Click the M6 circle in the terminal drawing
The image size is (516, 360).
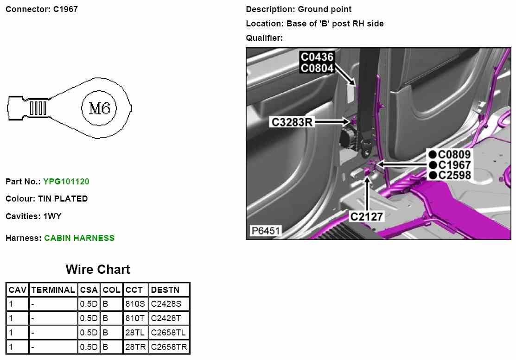coord(99,108)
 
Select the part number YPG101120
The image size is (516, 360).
coord(66,181)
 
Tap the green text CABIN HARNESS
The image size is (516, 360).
coord(79,238)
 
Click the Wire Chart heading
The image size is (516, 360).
coord(98,269)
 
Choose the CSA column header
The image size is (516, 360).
coord(89,290)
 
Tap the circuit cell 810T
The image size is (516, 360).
coord(135,319)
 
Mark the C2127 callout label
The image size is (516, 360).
coord(366,216)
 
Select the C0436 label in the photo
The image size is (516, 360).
coord(317,57)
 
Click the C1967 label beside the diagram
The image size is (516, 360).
coord(454,165)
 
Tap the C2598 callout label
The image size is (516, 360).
coord(454,175)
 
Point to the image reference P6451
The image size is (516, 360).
coord(265,231)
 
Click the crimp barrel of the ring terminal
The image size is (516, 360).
coord(38,108)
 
